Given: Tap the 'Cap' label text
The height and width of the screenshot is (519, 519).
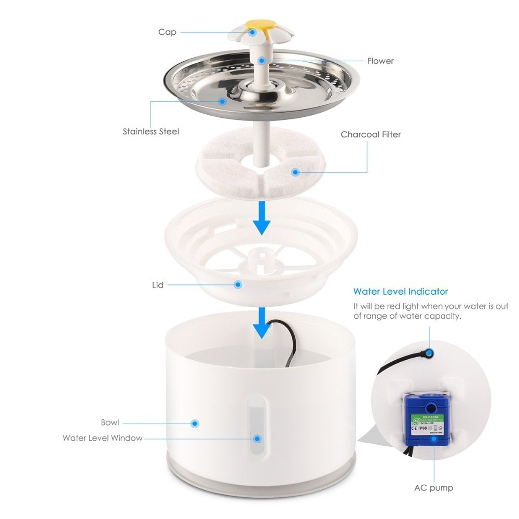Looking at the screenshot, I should pyautogui.click(x=167, y=32).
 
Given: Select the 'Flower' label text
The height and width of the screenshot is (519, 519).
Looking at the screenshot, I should pyautogui.click(x=380, y=61).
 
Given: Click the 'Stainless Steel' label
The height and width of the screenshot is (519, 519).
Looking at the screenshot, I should pyautogui.click(x=151, y=131).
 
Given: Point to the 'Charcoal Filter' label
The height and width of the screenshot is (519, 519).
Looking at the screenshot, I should pyautogui.click(x=371, y=134).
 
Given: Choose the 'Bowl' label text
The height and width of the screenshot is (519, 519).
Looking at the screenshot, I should pyautogui.click(x=110, y=422).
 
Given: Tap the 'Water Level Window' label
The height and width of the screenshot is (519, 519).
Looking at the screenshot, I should pyautogui.click(x=102, y=438).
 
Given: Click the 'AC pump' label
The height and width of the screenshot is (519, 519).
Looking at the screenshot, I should pyautogui.click(x=433, y=488).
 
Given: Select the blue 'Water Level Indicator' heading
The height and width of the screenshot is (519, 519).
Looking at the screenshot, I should pyautogui.click(x=400, y=292).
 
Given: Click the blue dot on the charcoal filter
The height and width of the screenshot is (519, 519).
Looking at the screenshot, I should pyautogui.click(x=295, y=172).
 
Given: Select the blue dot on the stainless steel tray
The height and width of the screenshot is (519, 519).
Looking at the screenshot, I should pyautogui.click(x=222, y=101).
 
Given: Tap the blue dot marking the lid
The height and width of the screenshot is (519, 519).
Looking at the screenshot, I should pyautogui.click(x=238, y=284).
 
